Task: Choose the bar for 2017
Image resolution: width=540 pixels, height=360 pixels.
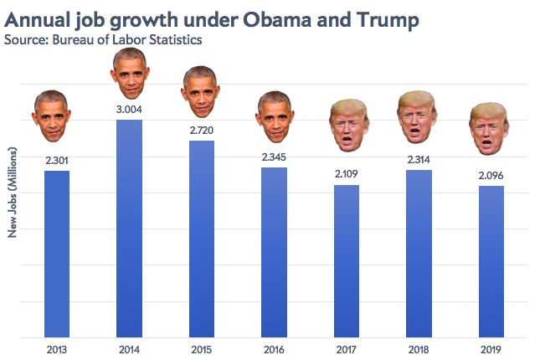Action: (347, 261)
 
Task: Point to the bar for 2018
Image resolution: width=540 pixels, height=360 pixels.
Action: (419, 254)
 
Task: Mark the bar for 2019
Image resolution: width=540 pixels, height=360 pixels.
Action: (491, 261)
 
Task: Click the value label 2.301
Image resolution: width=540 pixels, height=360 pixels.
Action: (56, 160)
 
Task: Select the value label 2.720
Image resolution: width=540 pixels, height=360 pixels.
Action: (201, 131)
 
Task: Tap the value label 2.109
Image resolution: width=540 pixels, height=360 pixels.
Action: (347, 174)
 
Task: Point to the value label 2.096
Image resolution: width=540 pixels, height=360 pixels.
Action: (491, 175)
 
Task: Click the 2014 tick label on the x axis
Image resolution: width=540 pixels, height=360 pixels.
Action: (129, 348)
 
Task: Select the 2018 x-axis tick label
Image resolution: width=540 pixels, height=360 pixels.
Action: (419, 348)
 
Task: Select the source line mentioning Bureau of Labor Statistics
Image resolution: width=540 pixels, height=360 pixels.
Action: (103, 39)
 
